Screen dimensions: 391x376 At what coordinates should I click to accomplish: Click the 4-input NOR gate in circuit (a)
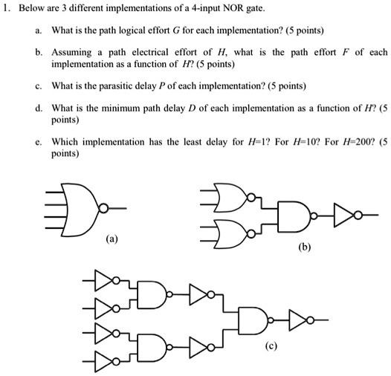[83, 210]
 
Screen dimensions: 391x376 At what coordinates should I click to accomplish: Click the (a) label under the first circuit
[112, 239]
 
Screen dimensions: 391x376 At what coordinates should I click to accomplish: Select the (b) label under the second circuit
[305, 247]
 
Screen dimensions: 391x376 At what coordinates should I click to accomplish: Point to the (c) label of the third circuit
[271, 346]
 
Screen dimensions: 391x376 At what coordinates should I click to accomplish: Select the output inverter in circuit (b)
[347, 215]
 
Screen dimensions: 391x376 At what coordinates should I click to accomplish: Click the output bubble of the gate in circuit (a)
[103, 208]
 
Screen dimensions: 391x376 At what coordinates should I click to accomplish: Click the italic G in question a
[175, 30]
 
